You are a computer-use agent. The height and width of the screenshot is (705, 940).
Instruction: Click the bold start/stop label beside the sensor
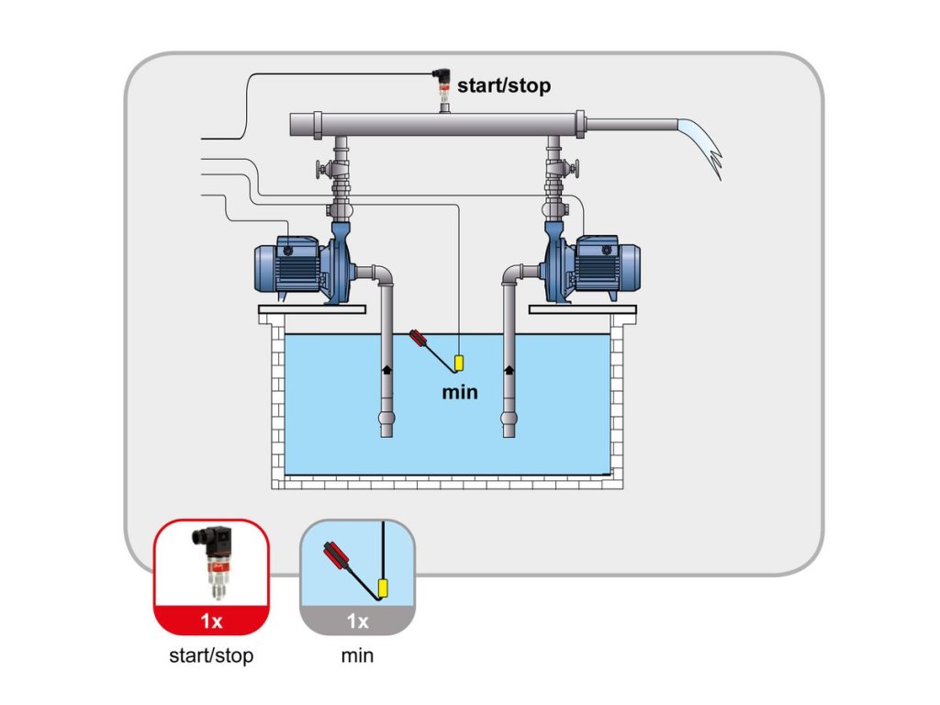[504, 85]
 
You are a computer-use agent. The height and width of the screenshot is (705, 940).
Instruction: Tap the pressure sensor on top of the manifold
[443, 88]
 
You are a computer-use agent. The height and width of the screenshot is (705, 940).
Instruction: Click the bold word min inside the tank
[460, 392]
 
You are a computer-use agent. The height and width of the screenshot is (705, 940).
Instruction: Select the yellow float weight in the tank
[459, 364]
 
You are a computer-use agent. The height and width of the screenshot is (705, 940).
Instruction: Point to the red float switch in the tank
[419, 339]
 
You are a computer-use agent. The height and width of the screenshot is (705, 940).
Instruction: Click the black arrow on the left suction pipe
[387, 369]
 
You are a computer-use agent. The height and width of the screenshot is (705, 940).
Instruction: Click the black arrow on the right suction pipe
[509, 369]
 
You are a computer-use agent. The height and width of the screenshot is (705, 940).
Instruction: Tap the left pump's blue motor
[287, 267]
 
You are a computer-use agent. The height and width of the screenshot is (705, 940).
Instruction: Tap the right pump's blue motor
[607, 267]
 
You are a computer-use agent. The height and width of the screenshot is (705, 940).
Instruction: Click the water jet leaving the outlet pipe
[702, 144]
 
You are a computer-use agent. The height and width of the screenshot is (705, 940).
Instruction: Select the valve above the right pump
[563, 170]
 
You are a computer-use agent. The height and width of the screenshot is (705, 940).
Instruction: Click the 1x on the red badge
[212, 621]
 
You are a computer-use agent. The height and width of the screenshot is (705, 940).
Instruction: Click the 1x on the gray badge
[357, 621]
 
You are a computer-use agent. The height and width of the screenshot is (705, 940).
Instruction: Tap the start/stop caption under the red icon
[211, 655]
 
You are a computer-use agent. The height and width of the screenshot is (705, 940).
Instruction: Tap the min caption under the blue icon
[357, 655]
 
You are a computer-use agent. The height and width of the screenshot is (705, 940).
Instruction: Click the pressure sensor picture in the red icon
[213, 561]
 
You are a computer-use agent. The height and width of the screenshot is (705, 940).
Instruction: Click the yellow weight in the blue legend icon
[383, 589]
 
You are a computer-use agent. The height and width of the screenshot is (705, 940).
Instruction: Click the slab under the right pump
[583, 309]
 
